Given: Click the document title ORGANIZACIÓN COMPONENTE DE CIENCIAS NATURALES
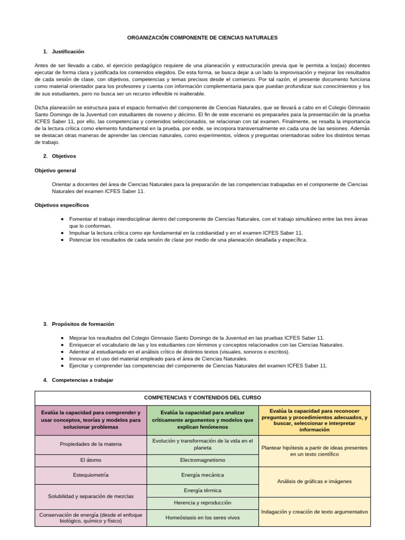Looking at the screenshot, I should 202,38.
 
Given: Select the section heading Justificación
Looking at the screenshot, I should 68,52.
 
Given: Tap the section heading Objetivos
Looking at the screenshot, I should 64,156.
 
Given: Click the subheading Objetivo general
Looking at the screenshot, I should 55,170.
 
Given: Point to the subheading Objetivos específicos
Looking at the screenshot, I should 62,205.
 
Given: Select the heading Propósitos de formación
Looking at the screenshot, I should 83,324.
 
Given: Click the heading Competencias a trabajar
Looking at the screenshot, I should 82,380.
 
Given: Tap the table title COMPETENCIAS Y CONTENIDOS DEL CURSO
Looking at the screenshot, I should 202,398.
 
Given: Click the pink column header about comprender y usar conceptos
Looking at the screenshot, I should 91,420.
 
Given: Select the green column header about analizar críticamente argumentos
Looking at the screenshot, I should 202,420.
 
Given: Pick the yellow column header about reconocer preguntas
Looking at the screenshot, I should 314,420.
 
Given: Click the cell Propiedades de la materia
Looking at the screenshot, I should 91,444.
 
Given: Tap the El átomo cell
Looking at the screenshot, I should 91,460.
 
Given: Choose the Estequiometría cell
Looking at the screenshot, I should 91,475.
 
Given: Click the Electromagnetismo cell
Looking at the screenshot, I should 202,460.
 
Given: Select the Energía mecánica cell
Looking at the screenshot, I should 202,475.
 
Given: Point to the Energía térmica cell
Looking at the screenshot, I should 202,490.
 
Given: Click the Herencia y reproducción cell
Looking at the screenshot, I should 202,503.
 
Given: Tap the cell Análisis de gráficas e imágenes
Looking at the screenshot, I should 314,481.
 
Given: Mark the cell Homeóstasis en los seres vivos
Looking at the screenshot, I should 202,518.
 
